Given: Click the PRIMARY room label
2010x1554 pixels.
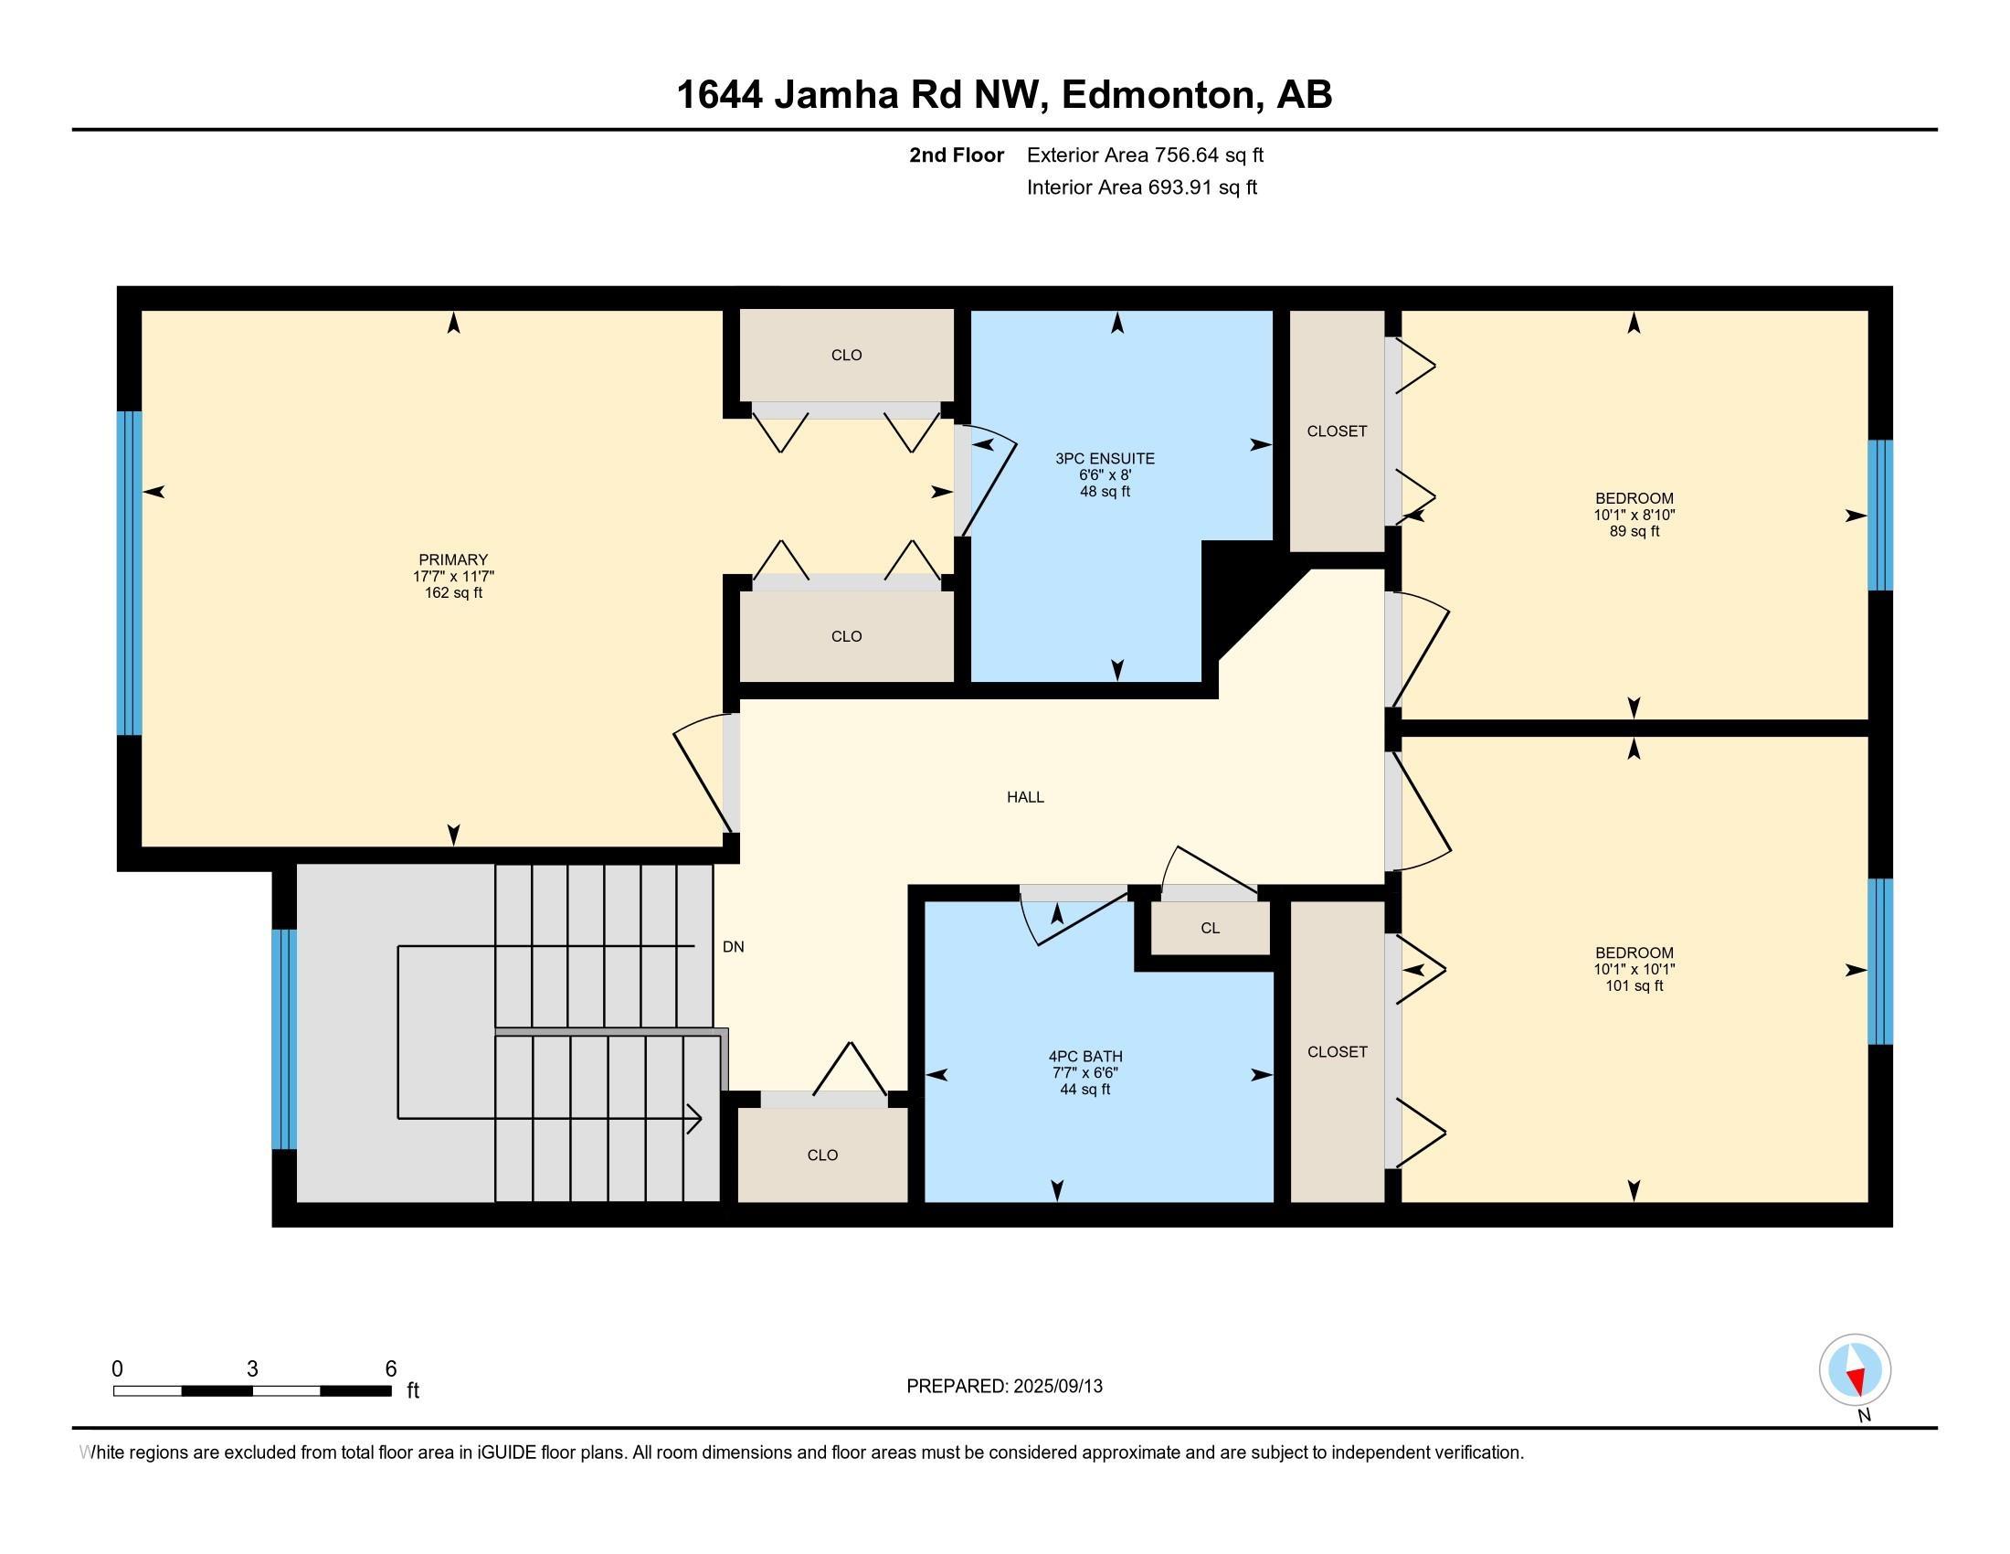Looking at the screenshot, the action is coord(453,559).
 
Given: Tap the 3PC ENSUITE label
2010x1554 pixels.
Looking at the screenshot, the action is coord(1105,459).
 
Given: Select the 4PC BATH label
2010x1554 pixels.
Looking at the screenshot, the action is coord(1085,1057).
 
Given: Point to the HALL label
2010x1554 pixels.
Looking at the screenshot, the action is coord(1025,797).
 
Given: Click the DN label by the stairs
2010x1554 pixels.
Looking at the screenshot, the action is coord(733,946).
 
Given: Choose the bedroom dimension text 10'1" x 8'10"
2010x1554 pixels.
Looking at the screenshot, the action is coord(1634,516).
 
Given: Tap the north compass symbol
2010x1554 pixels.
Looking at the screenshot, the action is coord(1855,1370).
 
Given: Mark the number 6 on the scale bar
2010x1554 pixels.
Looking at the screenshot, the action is coord(390,1369).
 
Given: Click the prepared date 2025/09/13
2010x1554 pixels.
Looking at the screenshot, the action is coord(1056,1387).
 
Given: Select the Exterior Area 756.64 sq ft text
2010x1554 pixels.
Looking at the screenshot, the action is coord(1145,154).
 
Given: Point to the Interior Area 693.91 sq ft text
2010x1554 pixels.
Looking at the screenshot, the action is coord(1141,187).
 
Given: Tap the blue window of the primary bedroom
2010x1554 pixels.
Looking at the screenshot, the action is coord(130,573).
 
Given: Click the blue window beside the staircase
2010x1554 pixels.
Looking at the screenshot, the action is coord(284,1039).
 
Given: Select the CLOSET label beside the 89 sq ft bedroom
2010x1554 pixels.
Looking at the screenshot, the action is coord(1337,431).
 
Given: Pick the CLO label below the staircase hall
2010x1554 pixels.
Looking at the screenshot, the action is coord(822,1155).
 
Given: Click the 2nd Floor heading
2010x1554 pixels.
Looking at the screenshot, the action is coord(957,154).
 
